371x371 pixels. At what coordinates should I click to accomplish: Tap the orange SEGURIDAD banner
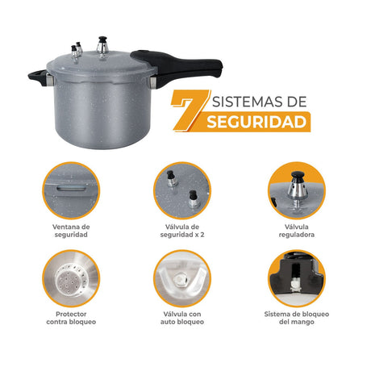[256, 123]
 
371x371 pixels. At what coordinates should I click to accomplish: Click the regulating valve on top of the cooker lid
[103, 45]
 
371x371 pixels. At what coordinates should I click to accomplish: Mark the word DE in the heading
[297, 102]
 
